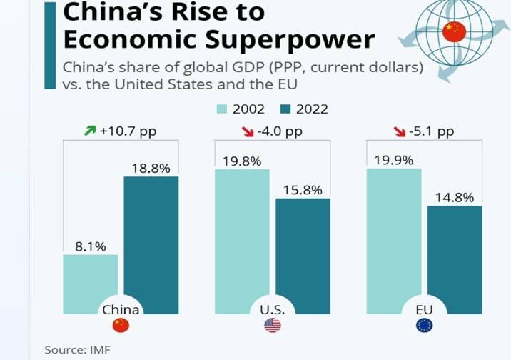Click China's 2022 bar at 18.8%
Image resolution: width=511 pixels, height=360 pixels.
(x=151, y=243)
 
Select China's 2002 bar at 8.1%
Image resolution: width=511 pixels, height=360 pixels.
(x=91, y=282)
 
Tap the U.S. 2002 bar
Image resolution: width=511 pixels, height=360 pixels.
(x=242, y=239)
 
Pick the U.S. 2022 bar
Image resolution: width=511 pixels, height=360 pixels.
(x=303, y=254)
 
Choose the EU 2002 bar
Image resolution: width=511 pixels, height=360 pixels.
(x=393, y=239)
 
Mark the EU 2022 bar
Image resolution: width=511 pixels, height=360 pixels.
(x=455, y=257)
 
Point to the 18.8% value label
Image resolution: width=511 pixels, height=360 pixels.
(x=151, y=169)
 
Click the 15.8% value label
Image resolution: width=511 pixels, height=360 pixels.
(x=303, y=191)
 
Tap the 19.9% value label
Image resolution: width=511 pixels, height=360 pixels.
(x=393, y=160)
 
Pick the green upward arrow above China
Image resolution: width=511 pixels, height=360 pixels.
(x=89, y=132)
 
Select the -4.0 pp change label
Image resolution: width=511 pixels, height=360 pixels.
(x=280, y=132)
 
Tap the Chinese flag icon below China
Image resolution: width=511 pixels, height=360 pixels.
(x=121, y=326)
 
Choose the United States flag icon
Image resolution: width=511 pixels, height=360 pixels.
(x=273, y=326)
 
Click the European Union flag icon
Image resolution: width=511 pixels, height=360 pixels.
(x=424, y=326)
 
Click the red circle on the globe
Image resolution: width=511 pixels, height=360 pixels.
(x=454, y=31)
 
